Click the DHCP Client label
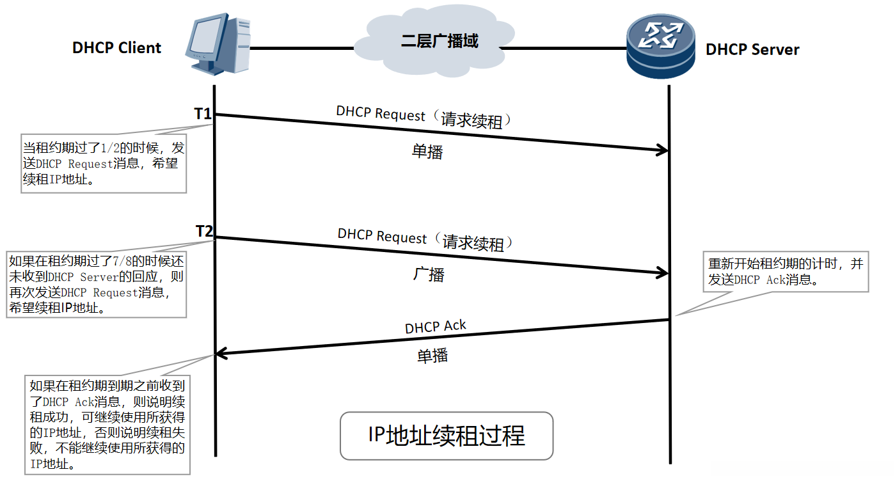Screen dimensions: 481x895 116,48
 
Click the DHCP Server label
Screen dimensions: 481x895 752,50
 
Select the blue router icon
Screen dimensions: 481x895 660,46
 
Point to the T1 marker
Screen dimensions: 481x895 203,114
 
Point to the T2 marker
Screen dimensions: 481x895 204,232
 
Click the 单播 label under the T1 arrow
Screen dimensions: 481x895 427,152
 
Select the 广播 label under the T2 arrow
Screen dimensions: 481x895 428,274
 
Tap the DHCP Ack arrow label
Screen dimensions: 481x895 435,327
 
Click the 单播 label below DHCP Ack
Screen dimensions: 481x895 432,356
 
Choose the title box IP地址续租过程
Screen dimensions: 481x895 446,436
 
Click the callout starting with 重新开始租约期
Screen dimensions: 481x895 786,272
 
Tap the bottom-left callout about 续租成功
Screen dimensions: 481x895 107,425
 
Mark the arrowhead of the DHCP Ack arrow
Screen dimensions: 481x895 221,354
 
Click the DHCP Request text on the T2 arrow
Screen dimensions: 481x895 382,236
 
